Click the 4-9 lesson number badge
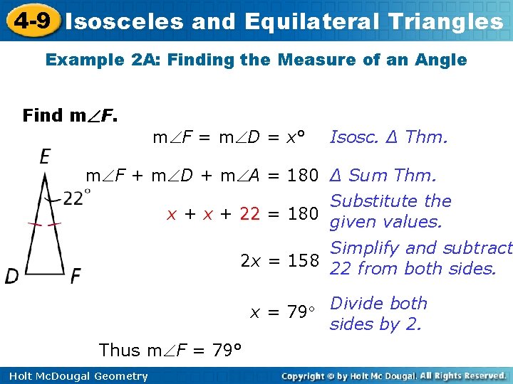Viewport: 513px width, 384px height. coord(31,21)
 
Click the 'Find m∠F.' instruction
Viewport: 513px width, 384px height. coord(71,115)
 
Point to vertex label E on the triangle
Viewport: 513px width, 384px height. coord(46,156)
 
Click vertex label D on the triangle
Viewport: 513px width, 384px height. coord(12,275)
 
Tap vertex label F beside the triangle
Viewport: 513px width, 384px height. coord(75,275)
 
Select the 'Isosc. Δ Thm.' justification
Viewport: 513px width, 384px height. coord(388,137)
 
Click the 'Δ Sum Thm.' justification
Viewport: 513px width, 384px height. coord(383,175)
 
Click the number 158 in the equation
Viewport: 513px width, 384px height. coord(303,261)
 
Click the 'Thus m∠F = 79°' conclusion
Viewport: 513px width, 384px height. coord(170,350)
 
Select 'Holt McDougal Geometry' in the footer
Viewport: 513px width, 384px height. coord(75,376)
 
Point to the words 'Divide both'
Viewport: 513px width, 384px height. coord(378,303)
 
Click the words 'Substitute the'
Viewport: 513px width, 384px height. coord(390,201)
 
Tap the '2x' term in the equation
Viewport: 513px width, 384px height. coord(250,261)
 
